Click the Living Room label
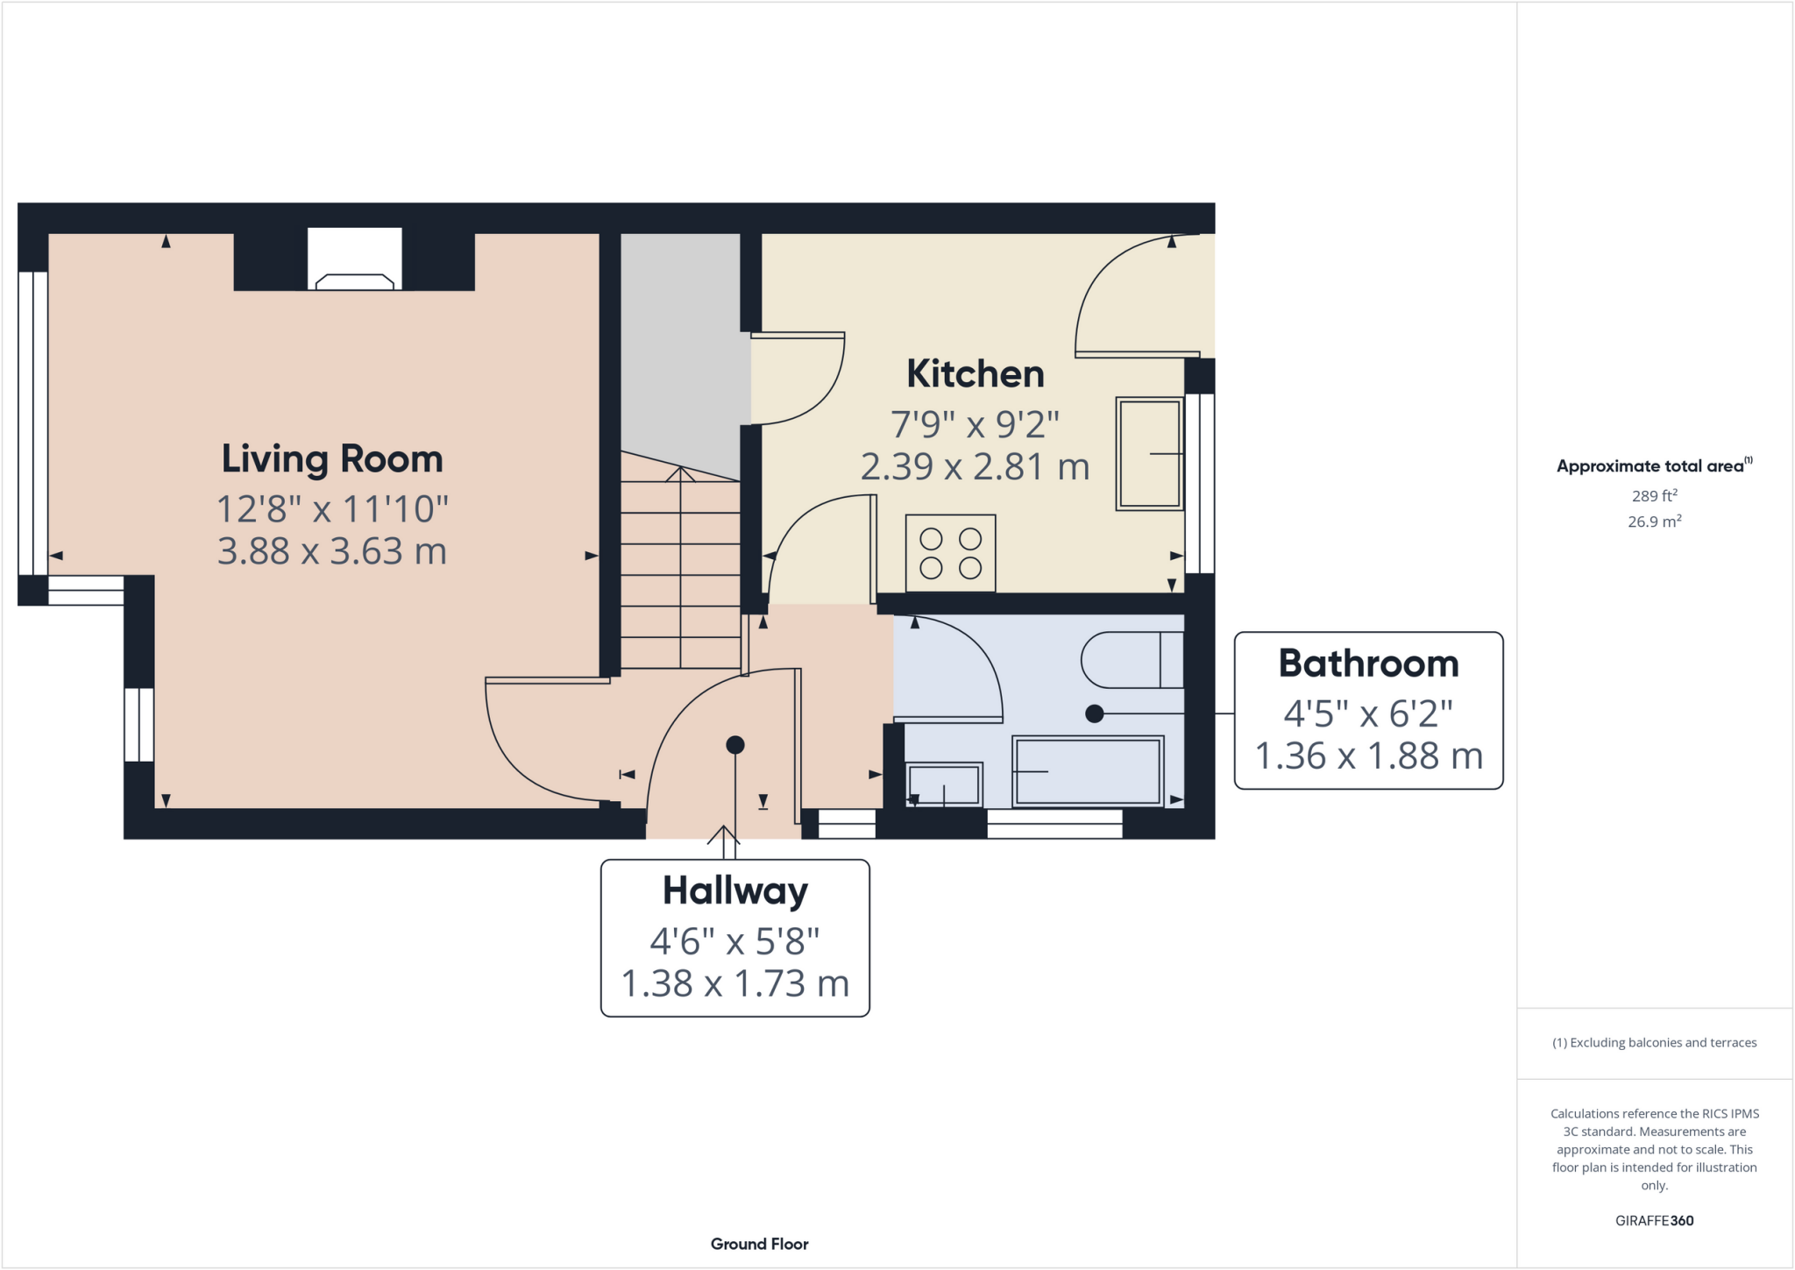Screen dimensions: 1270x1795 [x=331, y=458]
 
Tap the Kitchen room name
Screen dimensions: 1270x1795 [x=975, y=374]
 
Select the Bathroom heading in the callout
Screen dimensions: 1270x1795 [x=1368, y=663]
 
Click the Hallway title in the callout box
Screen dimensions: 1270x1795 [x=734, y=890]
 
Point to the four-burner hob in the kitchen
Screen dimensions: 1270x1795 [x=950, y=553]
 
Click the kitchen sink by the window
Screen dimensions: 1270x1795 [x=1149, y=453]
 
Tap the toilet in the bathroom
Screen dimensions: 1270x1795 [x=1131, y=660]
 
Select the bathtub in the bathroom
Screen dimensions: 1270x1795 [x=1088, y=771]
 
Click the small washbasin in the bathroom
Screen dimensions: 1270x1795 [x=944, y=784]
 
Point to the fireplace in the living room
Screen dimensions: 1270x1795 [x=354, y=260]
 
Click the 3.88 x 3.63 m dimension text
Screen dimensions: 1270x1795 [x=331, y=551]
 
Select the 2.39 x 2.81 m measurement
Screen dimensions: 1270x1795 [x=975, y=467]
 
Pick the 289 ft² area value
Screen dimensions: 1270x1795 [x=1654, y=496]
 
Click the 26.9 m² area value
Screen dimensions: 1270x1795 [x=1654, y=521]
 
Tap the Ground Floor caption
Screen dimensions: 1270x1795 [x=759, y=1244]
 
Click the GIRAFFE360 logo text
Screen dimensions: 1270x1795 [x=1654, y=1220]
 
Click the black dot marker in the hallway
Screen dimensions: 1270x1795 [x=735, y=745]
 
